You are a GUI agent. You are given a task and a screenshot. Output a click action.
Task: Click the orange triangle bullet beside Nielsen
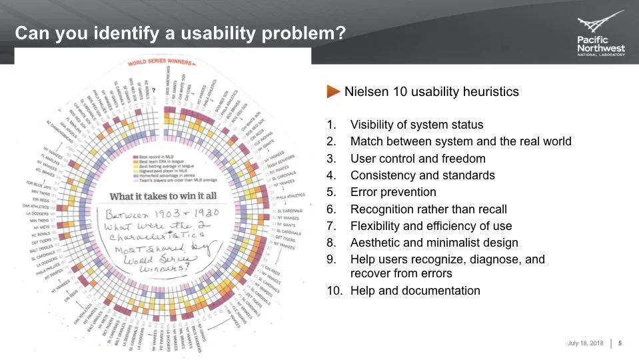point(333,92)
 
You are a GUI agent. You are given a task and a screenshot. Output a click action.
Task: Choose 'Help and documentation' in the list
point(414,291)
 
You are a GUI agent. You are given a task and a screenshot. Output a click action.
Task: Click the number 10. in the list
point(333,291)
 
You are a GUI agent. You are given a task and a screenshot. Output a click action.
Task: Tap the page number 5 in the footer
point(620,343)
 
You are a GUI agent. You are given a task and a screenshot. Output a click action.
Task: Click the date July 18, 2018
point(585,343)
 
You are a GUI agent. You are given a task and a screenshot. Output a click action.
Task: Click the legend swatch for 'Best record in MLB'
point(135,155)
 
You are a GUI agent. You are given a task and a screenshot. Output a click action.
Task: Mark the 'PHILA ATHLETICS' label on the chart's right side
point(291,195)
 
